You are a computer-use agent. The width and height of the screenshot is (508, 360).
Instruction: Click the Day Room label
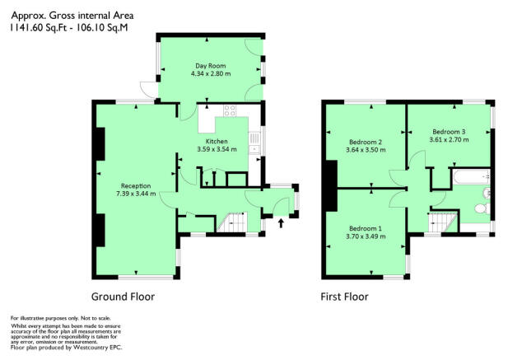[210, 66]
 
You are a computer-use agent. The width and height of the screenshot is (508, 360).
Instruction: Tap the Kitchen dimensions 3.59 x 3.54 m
[217, 149]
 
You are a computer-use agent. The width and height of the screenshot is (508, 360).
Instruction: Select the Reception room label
[136, 186]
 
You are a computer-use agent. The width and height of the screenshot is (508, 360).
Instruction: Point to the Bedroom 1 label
[366, 228]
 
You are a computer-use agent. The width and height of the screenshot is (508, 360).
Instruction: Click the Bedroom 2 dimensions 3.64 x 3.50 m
[366, 150]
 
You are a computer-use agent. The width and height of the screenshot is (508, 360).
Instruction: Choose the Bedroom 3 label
[449, 132]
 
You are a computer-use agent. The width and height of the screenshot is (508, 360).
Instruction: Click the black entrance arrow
[281, 223]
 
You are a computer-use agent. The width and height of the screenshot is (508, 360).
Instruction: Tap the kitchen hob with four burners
[230, 110]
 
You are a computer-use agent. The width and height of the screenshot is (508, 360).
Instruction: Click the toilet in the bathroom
[482, 208]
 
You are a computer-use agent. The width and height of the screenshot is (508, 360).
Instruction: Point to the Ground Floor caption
[123, 297]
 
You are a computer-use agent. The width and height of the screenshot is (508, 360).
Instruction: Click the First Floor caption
[344, 297]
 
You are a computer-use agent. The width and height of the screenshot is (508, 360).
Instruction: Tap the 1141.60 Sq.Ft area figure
[38, 28]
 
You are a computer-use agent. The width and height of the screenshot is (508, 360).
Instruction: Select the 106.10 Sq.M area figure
[102, 28]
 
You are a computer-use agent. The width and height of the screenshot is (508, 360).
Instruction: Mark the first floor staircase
[443, 222]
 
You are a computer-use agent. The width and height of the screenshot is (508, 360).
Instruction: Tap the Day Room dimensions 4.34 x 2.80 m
[211, 74]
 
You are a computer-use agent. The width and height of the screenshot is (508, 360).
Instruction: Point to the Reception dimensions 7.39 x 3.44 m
[136, 194]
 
